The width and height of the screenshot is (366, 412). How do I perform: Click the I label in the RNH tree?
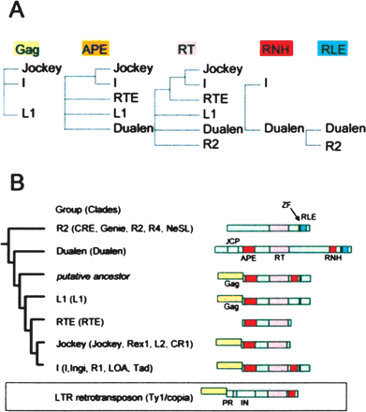[x=268, y=82]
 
